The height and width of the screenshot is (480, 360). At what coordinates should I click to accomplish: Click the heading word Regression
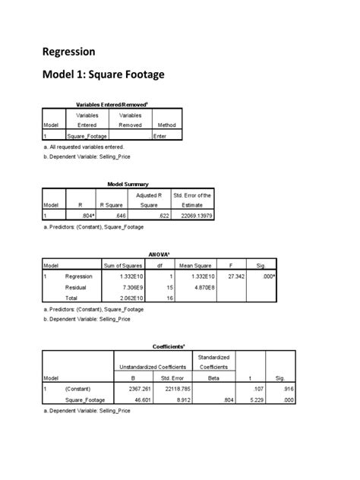click(68, 52)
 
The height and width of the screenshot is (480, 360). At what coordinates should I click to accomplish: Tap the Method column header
click(164, 125)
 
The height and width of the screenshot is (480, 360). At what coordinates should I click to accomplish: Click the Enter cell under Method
click(159, 136)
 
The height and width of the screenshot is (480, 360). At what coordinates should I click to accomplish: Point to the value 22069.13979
click(194, 216)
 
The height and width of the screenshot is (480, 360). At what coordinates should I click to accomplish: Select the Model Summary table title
click(128, 185)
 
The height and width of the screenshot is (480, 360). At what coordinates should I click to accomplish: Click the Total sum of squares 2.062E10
click(134, 299)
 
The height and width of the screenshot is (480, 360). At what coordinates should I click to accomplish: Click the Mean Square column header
click(195, 265)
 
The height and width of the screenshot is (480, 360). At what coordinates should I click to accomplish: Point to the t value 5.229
click(248, 399)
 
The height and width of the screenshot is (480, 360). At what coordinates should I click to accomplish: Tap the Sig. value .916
click(279, 388)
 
